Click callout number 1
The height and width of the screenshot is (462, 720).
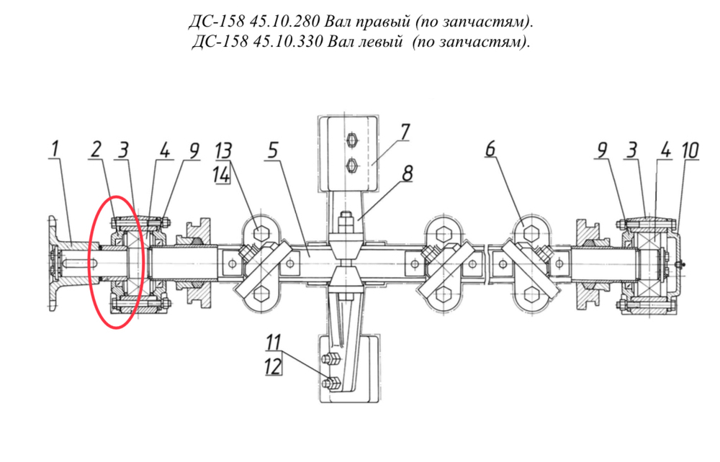[x=55, y=149]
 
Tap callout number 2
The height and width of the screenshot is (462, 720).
[x=96, y=149]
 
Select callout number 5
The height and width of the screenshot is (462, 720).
[x=273, y=150]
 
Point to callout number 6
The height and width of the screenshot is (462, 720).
[x=491, y=149]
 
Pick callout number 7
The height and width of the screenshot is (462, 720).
[x=404, y=132]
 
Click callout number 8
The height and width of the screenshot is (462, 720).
[x=407, y=173]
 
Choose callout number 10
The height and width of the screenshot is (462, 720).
[x=690, y=150]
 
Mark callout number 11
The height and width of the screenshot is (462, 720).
[x=274, y=343]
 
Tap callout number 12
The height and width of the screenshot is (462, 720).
[x=273, y=366]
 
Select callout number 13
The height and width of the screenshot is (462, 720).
[x=224, y=150]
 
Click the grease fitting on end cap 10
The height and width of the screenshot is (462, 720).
[x=682, y=264]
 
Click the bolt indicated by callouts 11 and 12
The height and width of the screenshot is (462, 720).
[x=331, y=383]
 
